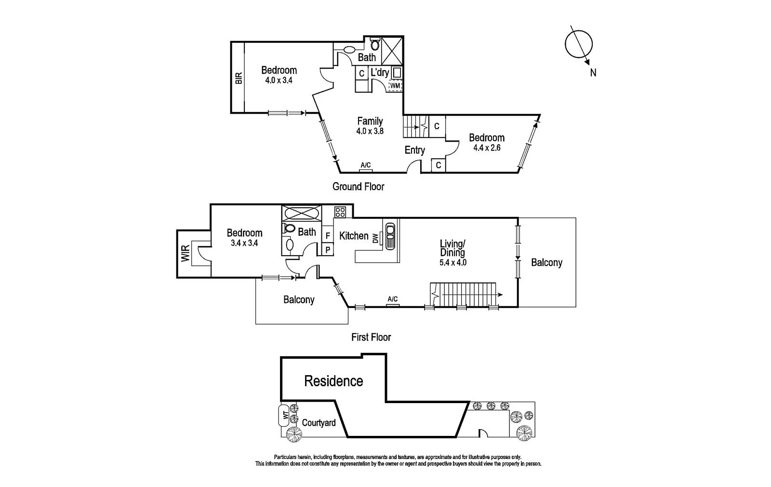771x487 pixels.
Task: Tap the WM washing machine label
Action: coord(395,86)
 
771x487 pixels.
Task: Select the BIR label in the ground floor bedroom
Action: coord(238,78)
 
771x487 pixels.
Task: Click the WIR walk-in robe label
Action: coord(186,254)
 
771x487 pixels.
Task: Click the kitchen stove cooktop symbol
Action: coord(340,212)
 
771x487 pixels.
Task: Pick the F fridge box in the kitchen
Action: coord(328,236)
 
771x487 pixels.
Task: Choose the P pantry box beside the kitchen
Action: coord(328,250)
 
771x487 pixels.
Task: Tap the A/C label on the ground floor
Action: coord(366,165)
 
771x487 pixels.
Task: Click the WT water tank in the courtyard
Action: coord(285,415)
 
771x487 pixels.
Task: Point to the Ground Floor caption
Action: coord(358,186)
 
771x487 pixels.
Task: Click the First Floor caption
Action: coord(371,337)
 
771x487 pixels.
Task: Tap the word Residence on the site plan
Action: coord(333,381)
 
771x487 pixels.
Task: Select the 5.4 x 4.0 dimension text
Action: coord(452,263)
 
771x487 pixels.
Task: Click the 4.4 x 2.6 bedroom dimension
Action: coord(487,148)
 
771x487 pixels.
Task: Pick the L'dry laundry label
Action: coord(379,73)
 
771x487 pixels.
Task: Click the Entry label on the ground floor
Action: coord(414,150)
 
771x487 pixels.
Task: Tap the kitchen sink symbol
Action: coord(390,235)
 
